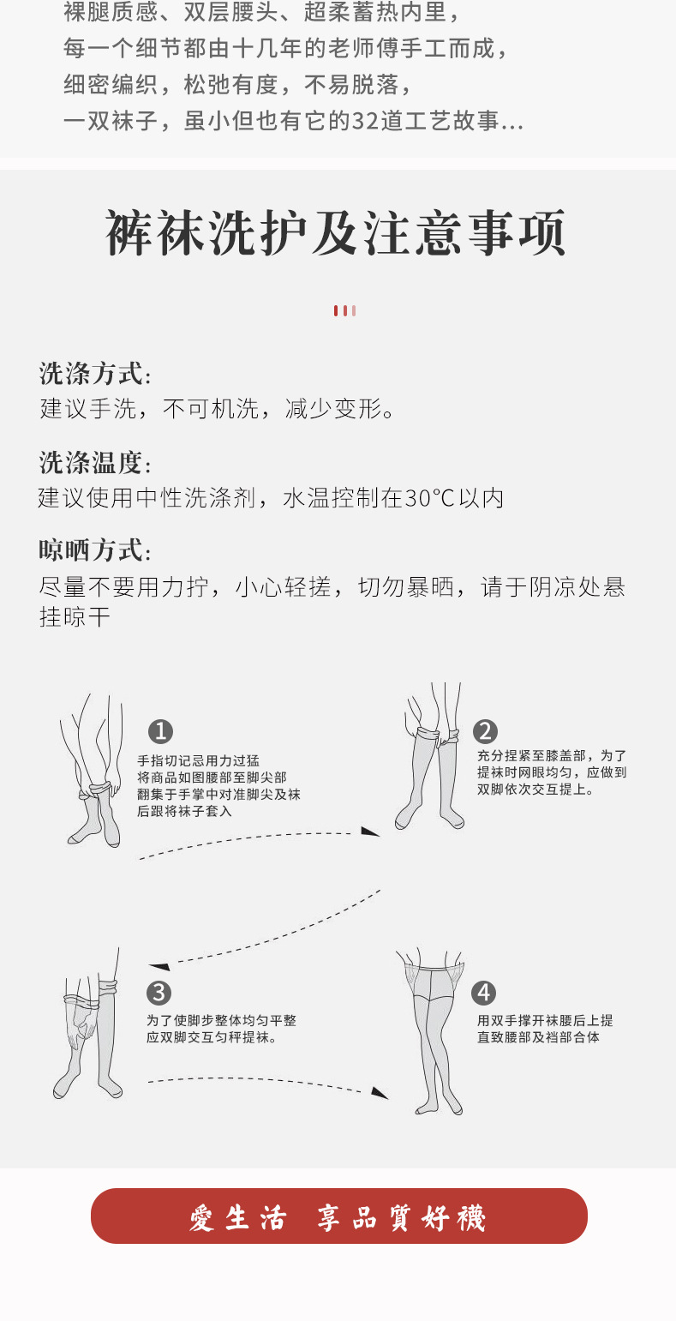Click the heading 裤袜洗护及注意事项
tap(336, 234)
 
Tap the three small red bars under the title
tap(344, 310)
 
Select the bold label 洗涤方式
tap(91, 375)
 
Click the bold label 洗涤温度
tap(91, 463)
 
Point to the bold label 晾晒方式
tap(91, 550)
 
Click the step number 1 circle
tap(160, 732)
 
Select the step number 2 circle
tap(485, 731)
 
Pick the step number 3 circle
tap(159, 993)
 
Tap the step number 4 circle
tap(484, 993)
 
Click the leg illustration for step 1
tap(93, 772)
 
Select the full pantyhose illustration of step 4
tap(434, 1029)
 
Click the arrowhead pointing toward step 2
tap(370, 832)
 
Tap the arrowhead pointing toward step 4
tap(380, 1093)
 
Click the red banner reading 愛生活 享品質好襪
tap(338, 1216)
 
